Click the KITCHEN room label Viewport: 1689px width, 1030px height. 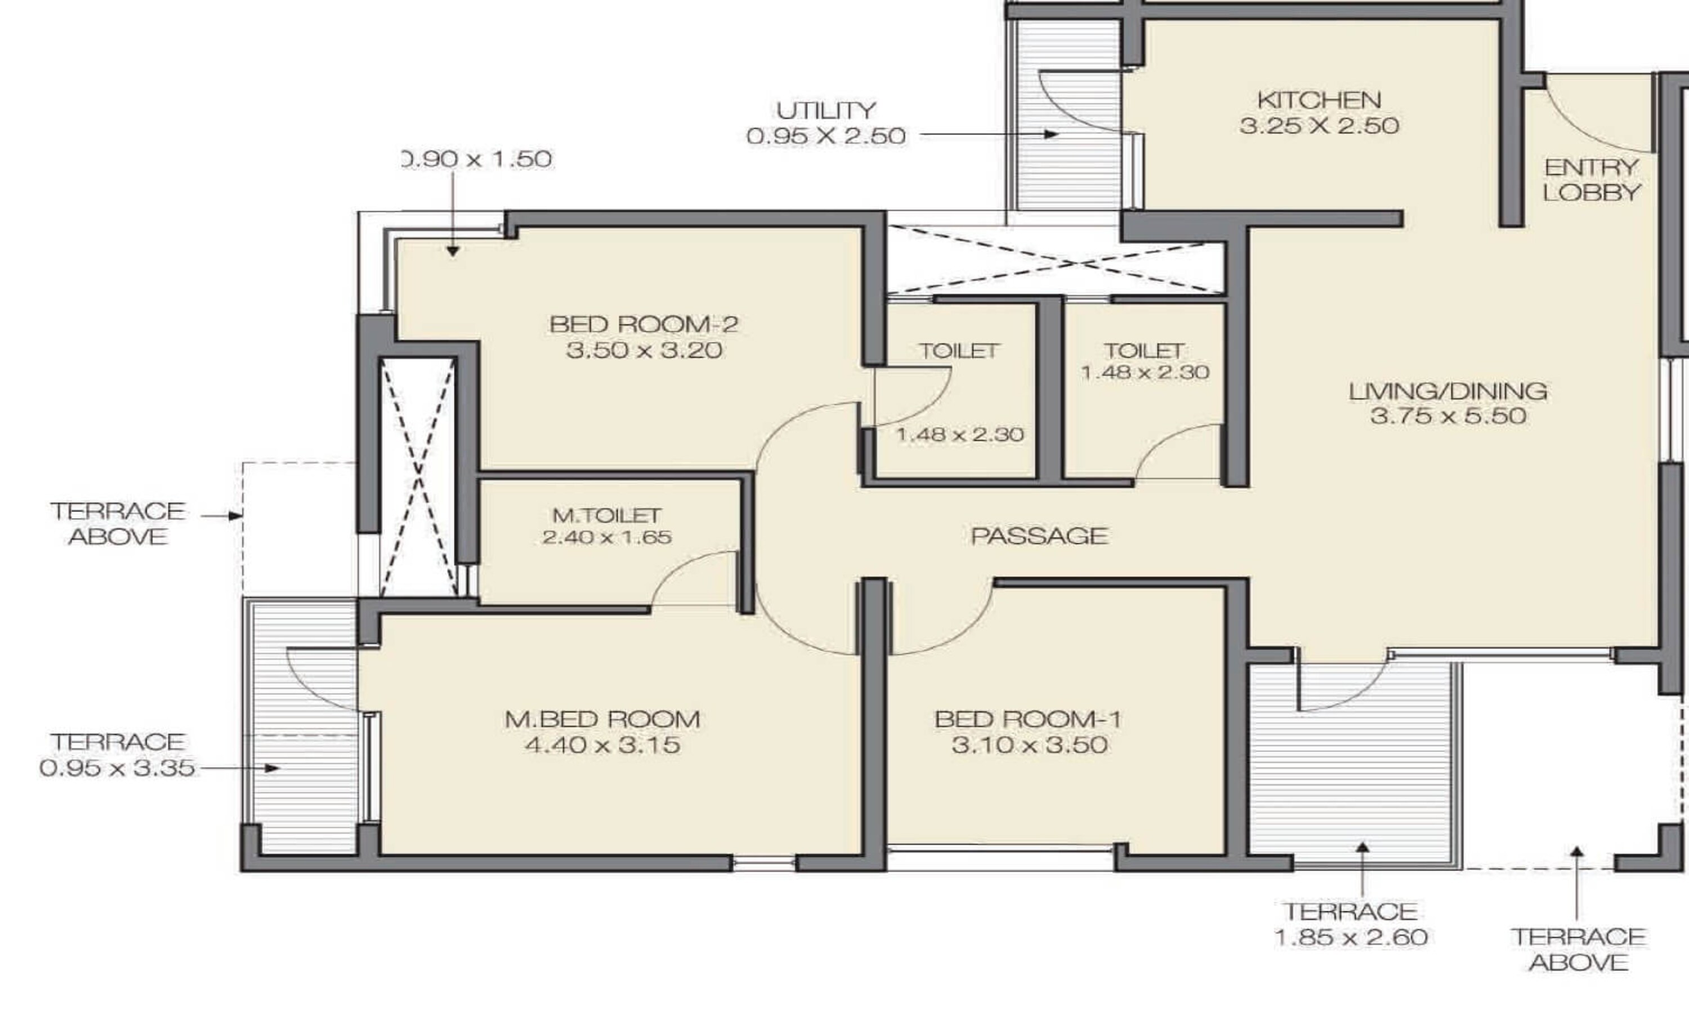(x=1319, y=100)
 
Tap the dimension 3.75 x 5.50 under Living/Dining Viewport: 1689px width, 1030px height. (x=1447, y=416)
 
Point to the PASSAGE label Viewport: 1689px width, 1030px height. (x=1039, y=536)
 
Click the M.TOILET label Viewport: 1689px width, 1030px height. (x=607, y=515)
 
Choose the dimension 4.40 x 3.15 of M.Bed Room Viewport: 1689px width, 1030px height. (x=602, y=744)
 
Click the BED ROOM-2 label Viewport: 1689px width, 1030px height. (x=644, y=324)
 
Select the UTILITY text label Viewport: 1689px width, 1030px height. (x=826, y=110)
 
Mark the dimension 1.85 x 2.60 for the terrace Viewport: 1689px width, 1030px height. (x=1351, y=937)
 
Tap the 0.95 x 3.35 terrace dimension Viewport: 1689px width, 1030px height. (x=117, y=768)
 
